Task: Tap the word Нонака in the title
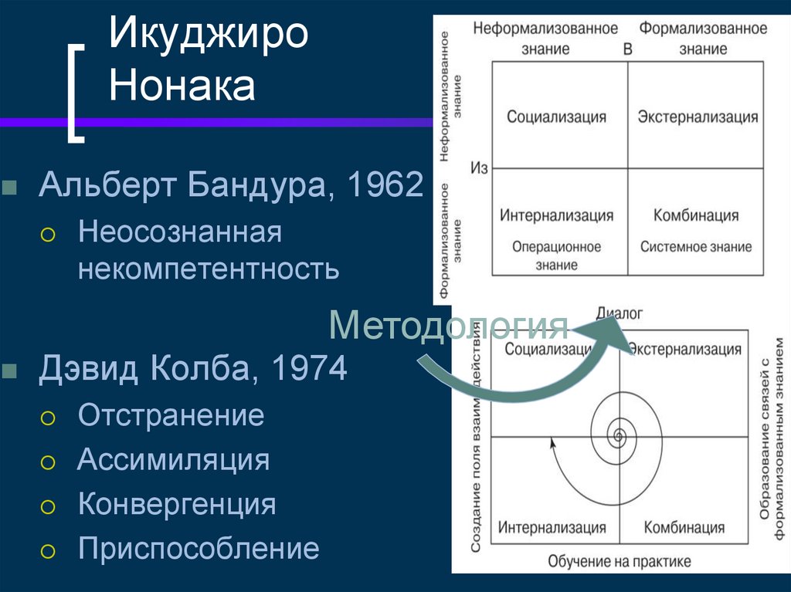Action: click(x=182, y=86)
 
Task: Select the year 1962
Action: click(x=385, y=186)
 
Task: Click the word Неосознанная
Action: click(x=179, y=232)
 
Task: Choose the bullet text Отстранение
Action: click(x=171, y=415)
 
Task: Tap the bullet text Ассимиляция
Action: click(x=173, y=460)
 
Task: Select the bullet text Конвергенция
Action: click(x=176, y=504)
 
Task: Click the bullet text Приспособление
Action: click(x=198, y=549)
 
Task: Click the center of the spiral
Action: click(x=618, y=437)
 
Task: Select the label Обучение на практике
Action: click(x=620, y=561)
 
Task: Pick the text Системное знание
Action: click(x=695, y=247)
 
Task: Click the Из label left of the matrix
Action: click(x=479, y=168)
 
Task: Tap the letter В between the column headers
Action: click(x=627, y=49)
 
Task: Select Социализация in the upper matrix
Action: click(x=556, y=117)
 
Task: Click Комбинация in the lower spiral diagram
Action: click(x=684, y=528)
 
